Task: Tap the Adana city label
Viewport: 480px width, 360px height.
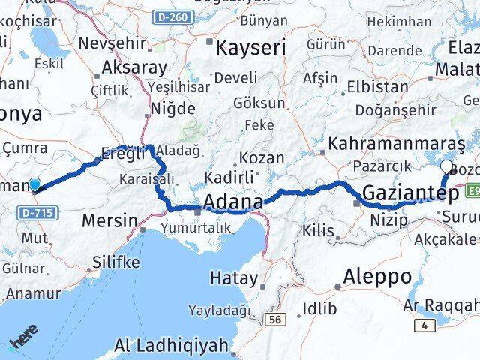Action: [232, 203]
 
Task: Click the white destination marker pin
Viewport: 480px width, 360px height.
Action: [448, 167]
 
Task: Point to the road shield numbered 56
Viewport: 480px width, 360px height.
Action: [276, 320]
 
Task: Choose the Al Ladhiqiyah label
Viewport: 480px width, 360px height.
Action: [171, 346]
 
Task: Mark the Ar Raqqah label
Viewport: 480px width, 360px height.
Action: [440, 304]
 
